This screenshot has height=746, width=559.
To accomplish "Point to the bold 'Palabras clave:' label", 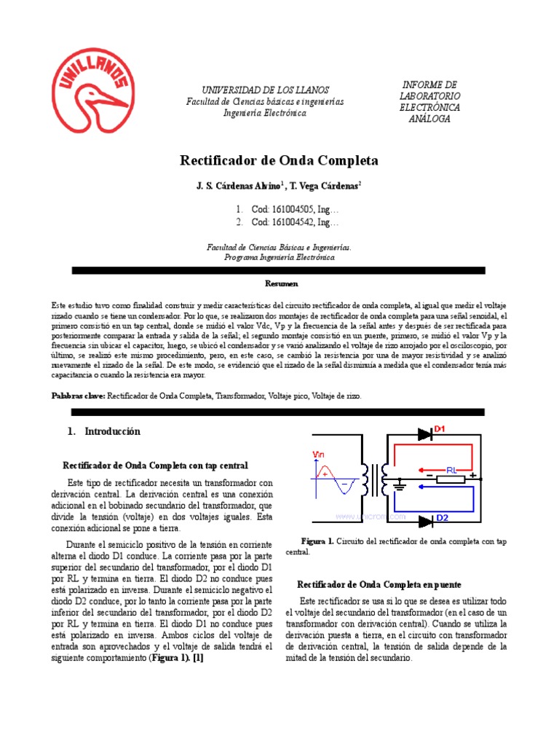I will [x=79, y=396].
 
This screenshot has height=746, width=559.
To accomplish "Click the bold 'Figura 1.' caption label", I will [x=317, y=542].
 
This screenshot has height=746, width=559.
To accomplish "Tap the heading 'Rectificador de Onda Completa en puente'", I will [x=379, y=584].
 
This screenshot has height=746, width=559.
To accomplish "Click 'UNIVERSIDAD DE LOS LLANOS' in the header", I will [x=265, y=89].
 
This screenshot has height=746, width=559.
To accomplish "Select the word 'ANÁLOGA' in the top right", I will [x=429, y=119].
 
